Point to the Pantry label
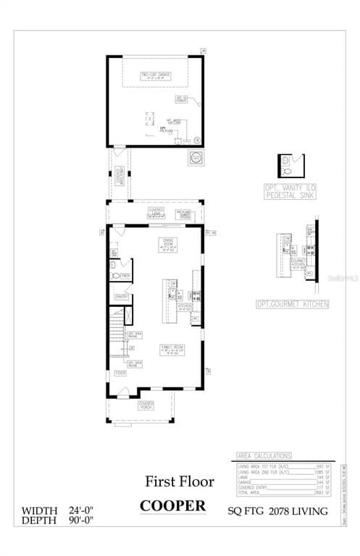(x=121, y=297)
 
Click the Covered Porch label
(x=147, y=405)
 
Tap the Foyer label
(x=120, y=373)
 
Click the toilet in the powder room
(x=114, y=276)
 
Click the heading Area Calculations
(x=264, y=455)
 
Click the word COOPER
(x=172, y=505)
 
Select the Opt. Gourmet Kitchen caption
(x=292, y=305)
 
